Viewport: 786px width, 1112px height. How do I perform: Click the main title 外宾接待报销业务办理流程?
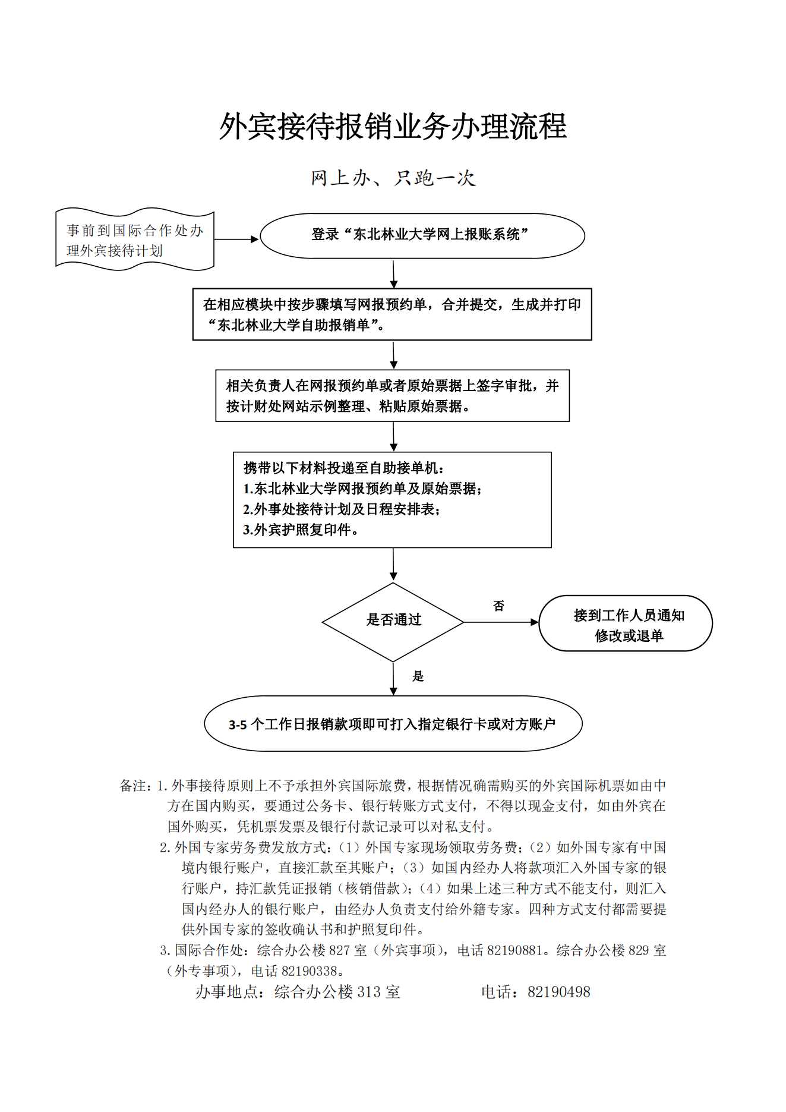393,127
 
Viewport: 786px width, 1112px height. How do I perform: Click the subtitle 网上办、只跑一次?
393,178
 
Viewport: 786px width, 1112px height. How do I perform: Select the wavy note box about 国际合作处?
135,239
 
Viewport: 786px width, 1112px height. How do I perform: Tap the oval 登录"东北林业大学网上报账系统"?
422,236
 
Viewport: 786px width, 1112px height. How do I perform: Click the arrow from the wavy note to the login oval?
236,240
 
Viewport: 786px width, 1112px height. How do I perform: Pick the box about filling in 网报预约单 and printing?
392,314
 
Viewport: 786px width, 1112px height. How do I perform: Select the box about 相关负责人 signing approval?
392,396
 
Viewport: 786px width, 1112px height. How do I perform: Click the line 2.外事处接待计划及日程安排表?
342,509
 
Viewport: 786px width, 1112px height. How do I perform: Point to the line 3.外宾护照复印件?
301,530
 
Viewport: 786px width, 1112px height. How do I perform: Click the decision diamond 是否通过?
393,622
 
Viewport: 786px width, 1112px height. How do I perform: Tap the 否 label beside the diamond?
498,606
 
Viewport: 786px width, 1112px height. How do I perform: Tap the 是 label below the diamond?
418,676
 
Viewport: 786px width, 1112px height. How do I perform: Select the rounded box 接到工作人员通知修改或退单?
626,623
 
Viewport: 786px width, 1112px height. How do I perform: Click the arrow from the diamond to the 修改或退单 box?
501,622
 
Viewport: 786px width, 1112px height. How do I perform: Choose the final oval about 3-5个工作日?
393,724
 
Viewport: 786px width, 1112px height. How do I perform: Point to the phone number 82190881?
514,950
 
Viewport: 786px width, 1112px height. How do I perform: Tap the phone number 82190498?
559,992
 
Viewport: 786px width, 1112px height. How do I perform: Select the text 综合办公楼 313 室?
337,992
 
